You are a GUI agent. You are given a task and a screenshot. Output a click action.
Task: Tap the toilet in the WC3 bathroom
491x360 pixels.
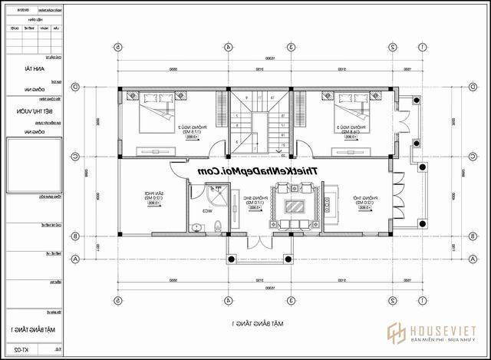[217, 225]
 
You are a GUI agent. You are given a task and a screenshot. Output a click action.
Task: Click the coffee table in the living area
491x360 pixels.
[294, 206]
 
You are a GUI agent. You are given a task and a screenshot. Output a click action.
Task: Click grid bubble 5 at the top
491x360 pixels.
[118, 46]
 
